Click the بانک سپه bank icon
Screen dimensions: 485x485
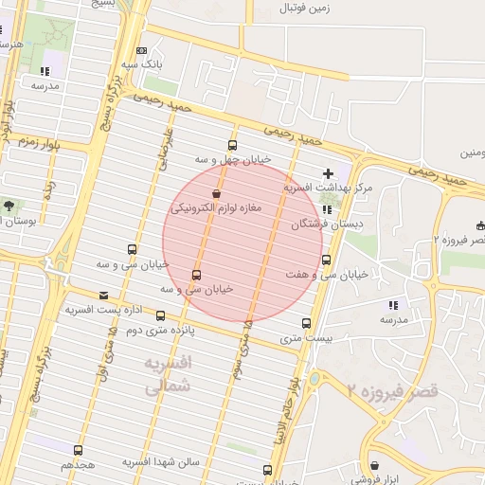click(x=142, y=50)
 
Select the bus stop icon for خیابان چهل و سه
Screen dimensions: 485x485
click(x=233, y=145)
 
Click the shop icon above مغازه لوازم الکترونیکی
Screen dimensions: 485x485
click(x=216, y=192)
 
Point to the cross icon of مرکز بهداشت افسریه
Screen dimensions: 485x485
click(x=328, y=173)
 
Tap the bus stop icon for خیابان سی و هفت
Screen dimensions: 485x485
click(x=327, y=260)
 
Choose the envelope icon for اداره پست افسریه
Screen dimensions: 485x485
click(x=103, y=296)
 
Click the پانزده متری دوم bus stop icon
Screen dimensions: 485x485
click(x=160, y=316)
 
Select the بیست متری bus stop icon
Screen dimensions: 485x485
click(x=305, y=323)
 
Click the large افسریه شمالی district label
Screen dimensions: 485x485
click(x=171, y=375)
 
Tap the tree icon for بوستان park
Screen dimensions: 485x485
click(x=9, y=205)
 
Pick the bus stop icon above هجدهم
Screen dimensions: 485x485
click(x=78, y=451)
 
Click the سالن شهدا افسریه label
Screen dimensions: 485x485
click(x=159, y=461)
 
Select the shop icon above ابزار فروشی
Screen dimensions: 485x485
click(x=376, y=465)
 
